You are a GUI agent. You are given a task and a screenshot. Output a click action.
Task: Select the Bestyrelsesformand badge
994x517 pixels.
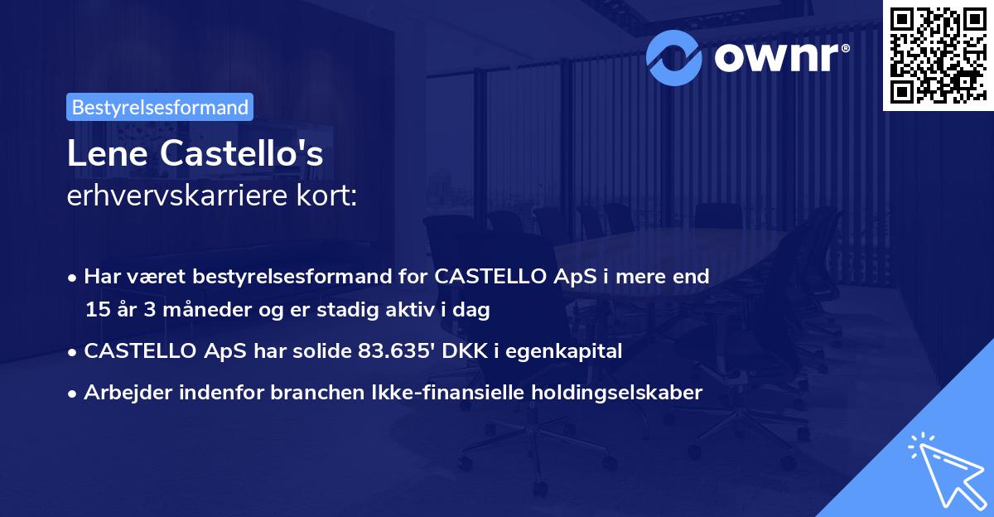[160, 107]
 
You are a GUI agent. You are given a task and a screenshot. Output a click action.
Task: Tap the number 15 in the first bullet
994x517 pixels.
[97, 310]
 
